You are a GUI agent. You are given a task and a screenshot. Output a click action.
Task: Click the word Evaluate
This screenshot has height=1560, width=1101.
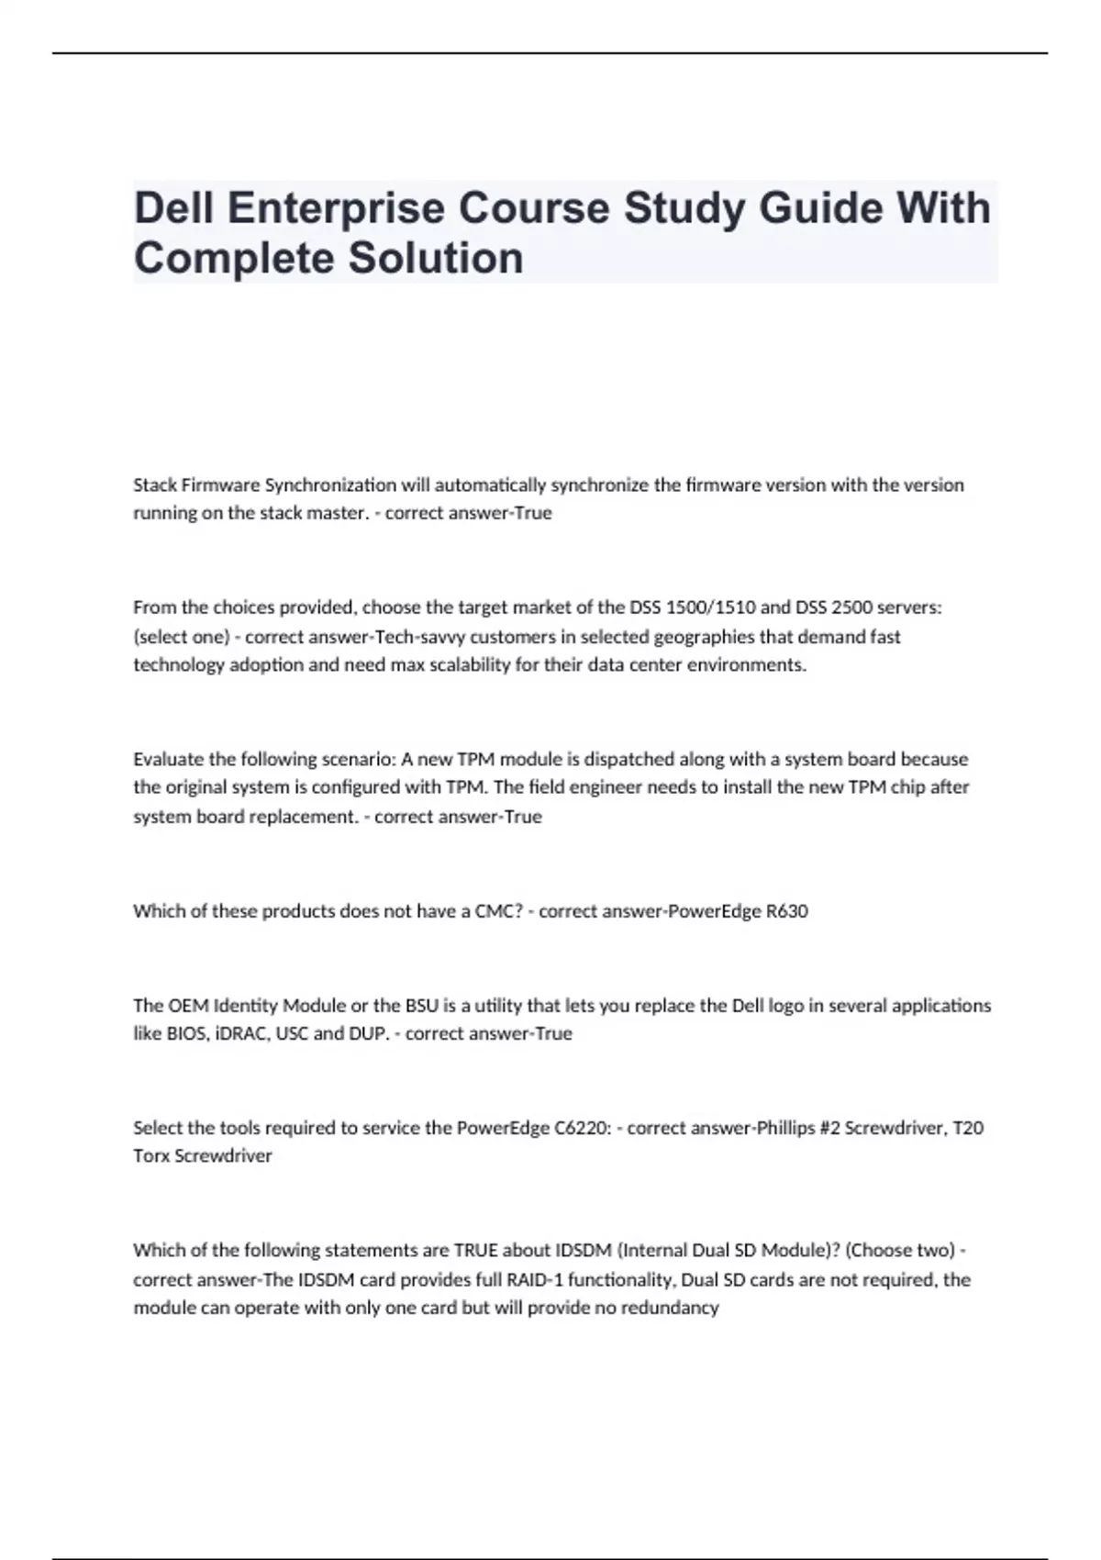[169, 760]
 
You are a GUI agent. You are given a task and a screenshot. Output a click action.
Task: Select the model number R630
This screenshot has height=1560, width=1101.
[786, 911]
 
